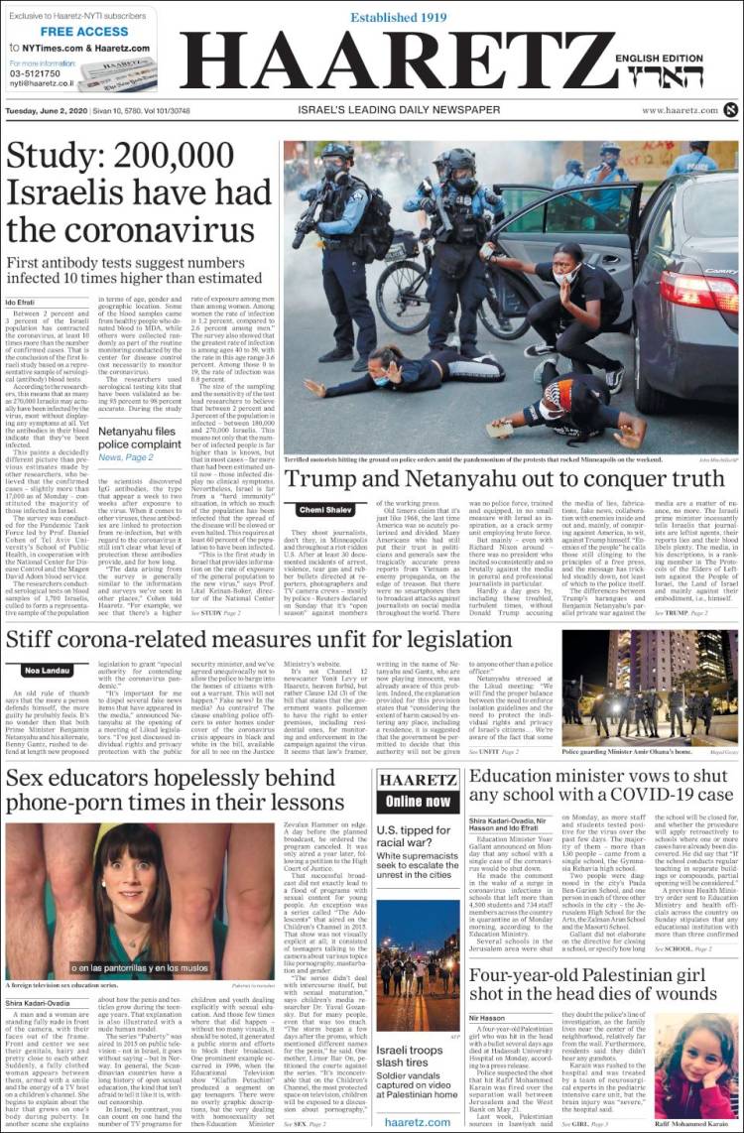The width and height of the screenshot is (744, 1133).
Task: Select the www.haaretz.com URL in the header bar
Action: tap(679, 110)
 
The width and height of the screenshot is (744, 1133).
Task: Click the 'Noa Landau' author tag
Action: tap(46, 671)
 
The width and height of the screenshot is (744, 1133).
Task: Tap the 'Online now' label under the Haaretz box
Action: tap(418, 801)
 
